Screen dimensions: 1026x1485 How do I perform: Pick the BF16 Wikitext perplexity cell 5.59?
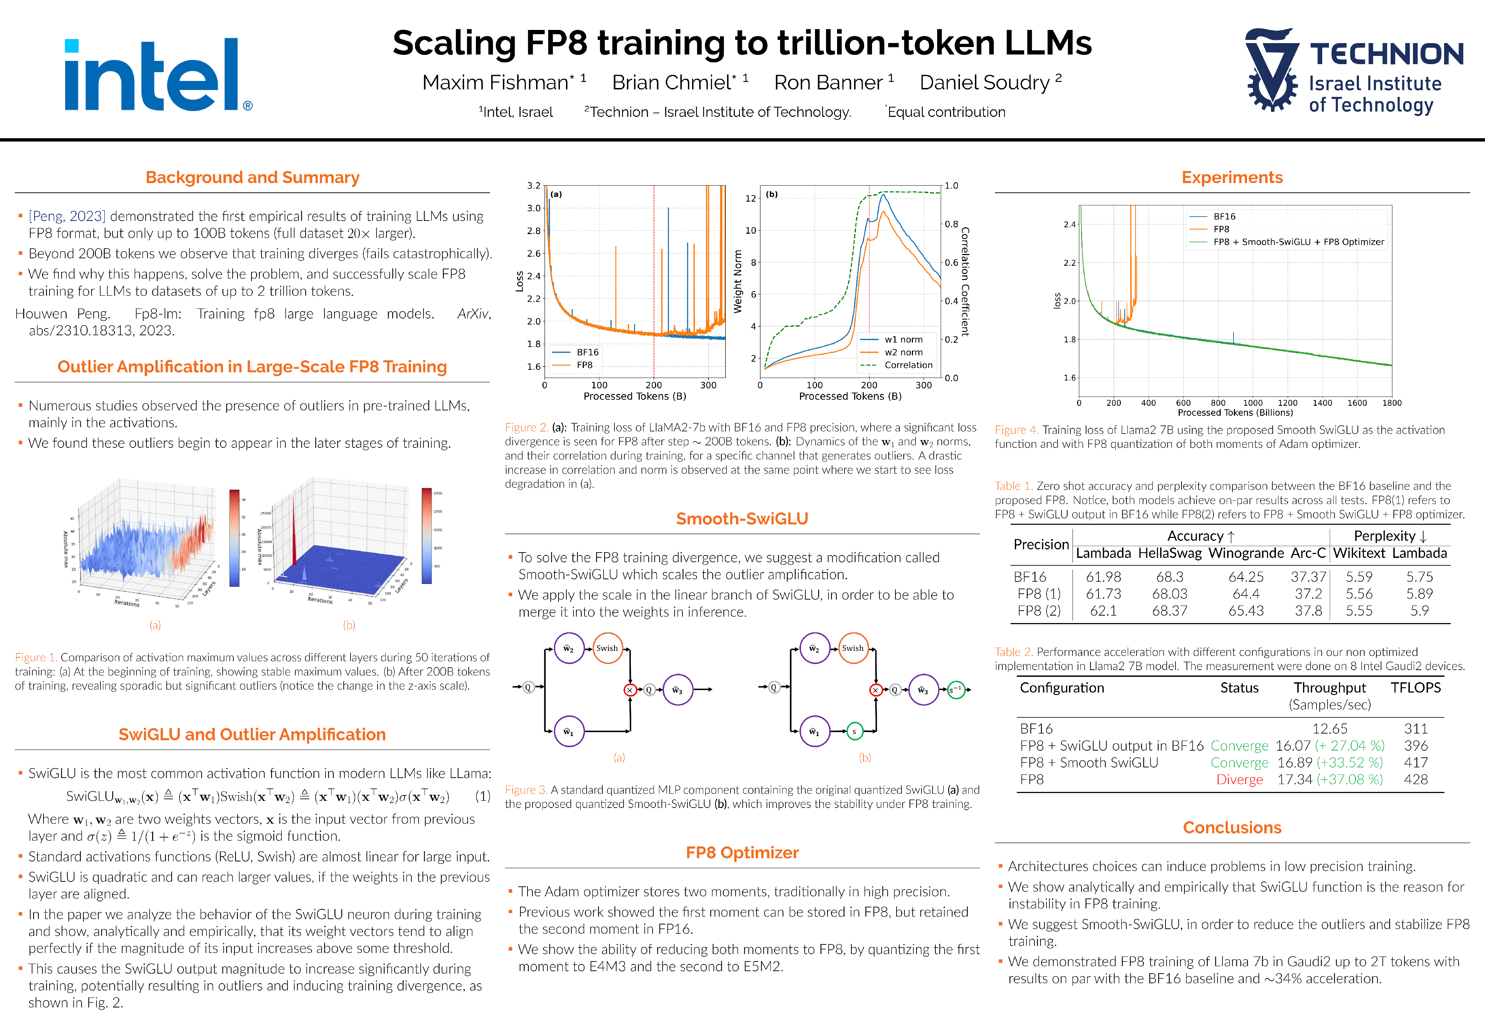point(1359,577)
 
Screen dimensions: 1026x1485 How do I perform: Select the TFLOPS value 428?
point(1416,780)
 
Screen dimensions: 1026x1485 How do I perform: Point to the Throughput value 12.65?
point(1329,729)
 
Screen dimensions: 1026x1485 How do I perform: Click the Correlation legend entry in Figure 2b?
point(907,365)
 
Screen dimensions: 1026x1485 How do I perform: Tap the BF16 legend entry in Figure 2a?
point(587,352)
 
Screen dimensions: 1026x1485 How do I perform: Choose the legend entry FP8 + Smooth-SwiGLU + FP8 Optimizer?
point(1298,242)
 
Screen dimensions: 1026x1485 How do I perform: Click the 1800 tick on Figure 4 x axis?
point(1392,403)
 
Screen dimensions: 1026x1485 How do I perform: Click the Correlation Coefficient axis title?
point(965,281)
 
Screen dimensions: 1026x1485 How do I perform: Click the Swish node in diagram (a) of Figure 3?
point(607,648)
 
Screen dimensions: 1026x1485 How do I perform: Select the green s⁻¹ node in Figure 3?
point(956,690)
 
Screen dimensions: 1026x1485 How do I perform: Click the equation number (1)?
point(483,797)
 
